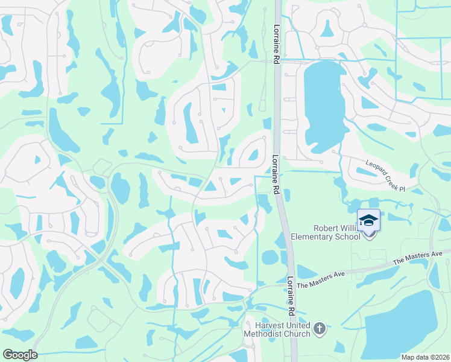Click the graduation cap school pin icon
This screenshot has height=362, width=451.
click(368, 221)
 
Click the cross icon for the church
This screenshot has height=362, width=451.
click(320, 329)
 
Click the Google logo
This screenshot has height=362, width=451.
click(20, 355)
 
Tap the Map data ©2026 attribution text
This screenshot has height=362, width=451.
click(425, 357)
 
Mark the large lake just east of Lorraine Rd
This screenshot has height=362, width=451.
click(323, 106)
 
